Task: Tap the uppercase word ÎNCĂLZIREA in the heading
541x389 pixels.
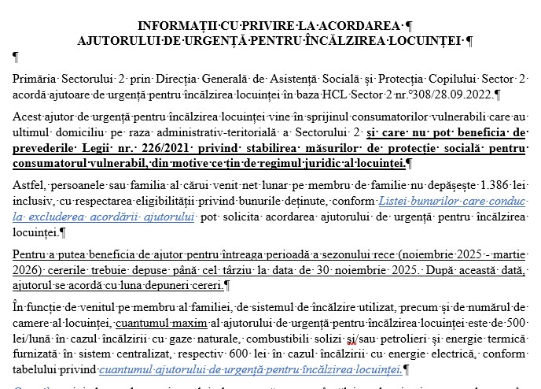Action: pyautogui.click(x=340, y=39)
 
